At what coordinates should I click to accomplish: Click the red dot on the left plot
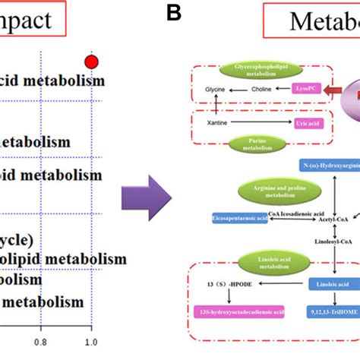tap(92, 62)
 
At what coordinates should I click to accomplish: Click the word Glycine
tap(216, 89)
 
